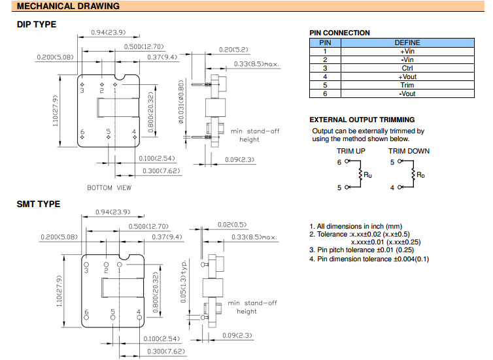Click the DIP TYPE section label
coord(36,25)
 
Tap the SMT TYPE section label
coord(38,204)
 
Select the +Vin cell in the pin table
coord(407,51)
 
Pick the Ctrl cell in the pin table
coord(407,68)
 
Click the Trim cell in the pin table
coord(407,85)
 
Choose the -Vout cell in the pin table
coord(407,93)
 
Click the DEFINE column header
coord(407,42)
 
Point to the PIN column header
coord(325,42)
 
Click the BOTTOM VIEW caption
coord(109,188)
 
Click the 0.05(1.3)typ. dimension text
coord(184,272)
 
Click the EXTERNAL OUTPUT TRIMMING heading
coord(362,120)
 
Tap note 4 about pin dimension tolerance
coord(369,259)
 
